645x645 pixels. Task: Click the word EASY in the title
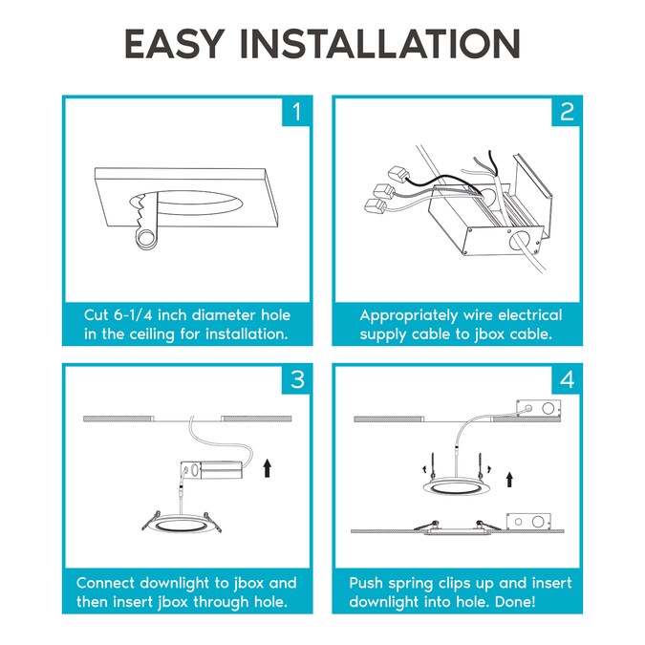click(x=175, y=44)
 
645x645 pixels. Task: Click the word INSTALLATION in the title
click(x=380, y=44)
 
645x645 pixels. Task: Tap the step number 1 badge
click(x=296, y=112)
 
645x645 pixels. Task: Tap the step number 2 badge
click(x=567, y=112)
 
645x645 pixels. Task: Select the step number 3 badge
click(x=296, y=379)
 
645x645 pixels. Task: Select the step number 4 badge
click(x=567, y=379)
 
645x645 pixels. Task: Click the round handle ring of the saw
click(x=145, y=239)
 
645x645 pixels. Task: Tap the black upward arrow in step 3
click(x=268, y=468)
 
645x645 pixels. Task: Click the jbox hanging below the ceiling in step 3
click(x=211, y=470)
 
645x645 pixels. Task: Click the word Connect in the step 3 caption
click(x=105, y=583)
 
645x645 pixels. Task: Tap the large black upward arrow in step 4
click(x=509, y=480)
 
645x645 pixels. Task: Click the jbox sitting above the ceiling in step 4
click(x=539, y=409)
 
